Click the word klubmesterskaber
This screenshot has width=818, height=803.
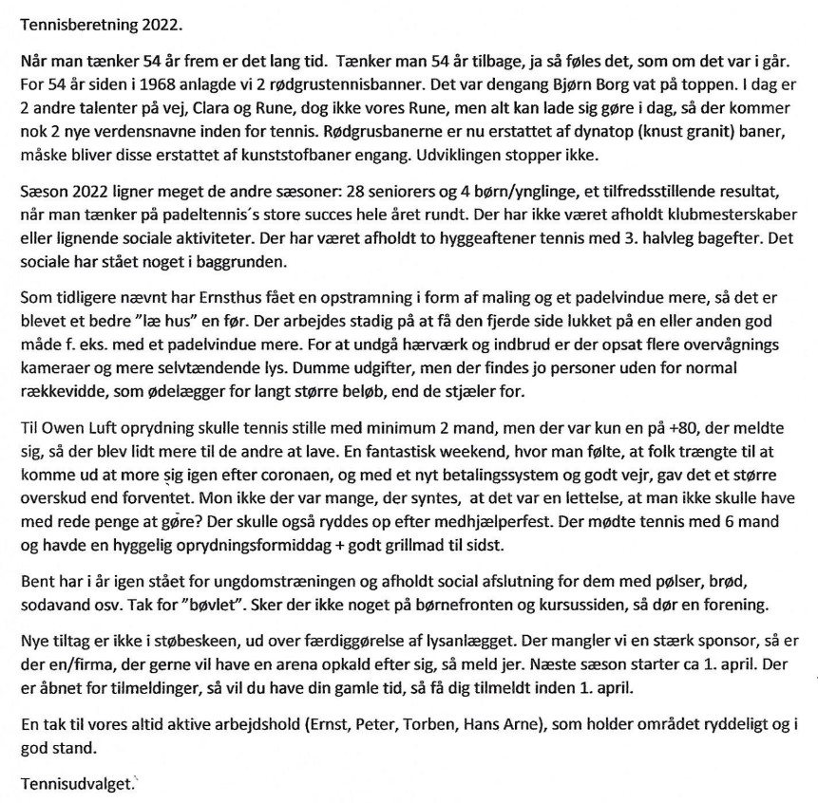(738, 214)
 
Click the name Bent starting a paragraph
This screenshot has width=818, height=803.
(37, 584)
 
